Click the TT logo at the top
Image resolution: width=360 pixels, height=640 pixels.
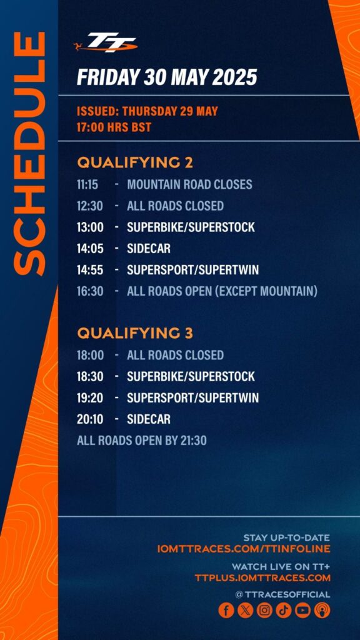click(105, 42)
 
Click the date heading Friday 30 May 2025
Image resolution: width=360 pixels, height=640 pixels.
click(167, 77)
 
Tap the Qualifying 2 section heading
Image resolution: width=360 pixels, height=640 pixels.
click(135, 162)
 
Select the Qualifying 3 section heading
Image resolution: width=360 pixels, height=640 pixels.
click(135, 333)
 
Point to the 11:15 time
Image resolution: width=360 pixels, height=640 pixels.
click(87, 184)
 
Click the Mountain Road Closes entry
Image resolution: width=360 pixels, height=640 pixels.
click(189, 184)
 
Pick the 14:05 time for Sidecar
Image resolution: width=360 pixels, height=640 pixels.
click(90, 248)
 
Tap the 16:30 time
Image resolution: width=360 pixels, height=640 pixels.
click(90, 291)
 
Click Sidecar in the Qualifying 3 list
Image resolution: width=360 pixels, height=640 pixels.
click(149, 419)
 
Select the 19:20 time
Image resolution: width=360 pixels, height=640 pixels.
click(90, 398)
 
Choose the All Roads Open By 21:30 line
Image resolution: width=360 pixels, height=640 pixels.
click(142, 441)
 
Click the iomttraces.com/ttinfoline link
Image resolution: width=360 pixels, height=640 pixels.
click(243, 549)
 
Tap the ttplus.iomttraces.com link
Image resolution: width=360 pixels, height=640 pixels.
click(262, 578)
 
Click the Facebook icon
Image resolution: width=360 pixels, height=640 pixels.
click(226, 610)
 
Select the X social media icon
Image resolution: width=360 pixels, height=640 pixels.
click(245, 610)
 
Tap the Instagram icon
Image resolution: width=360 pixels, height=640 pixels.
click(264, 610)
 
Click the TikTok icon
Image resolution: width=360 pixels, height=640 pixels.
click(284, 610)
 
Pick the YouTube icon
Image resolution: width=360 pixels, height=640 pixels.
click(303, 610)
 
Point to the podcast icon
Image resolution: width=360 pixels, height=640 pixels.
click(322, 610)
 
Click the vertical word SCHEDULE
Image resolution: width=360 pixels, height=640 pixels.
click(29, 153)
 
